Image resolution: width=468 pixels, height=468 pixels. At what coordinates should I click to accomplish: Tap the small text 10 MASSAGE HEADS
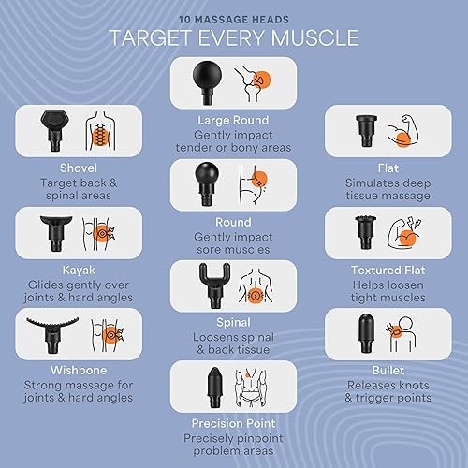point(233,16)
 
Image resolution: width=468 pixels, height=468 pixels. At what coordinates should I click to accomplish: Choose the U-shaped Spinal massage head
point(208,282)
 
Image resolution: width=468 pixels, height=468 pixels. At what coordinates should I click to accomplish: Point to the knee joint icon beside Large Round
point(253,82)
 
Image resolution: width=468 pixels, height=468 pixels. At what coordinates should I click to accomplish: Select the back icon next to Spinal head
point(253,283)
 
